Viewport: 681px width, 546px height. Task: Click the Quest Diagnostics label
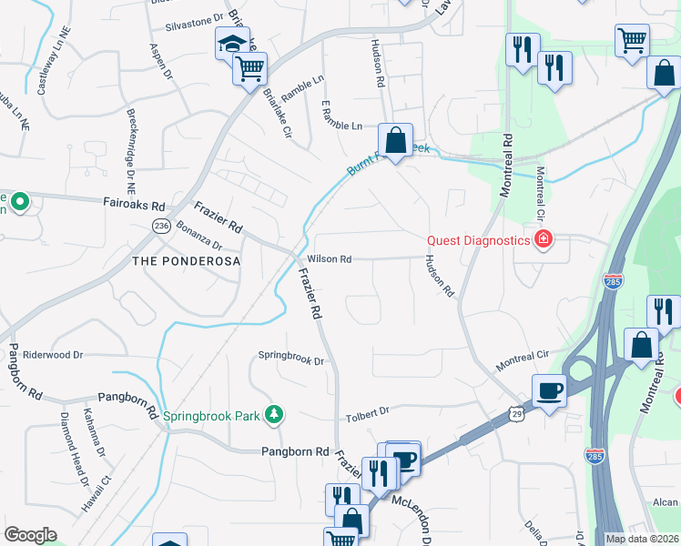click(x=479, y=240)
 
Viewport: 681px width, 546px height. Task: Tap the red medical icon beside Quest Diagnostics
click(x=544, y=240)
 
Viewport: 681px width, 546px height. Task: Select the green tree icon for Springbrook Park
click(x=272, y=416)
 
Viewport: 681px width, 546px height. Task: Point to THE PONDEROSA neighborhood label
click(x=186, y=261)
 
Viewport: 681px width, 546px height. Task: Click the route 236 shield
click(x=162, y=227)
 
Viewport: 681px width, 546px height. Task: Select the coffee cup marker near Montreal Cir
click(x=549, y=391)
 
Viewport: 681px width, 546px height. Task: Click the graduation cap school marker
click(x=231, y=44)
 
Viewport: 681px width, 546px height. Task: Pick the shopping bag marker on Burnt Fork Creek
click(x=395, y=141)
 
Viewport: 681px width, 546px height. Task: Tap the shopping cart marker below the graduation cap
click(x=250, y=67)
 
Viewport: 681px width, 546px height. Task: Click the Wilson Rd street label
click(x=330, y=259)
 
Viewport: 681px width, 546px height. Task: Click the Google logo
click(x=30, y=535)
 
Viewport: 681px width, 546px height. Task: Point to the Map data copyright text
click(x=642, y=539)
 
